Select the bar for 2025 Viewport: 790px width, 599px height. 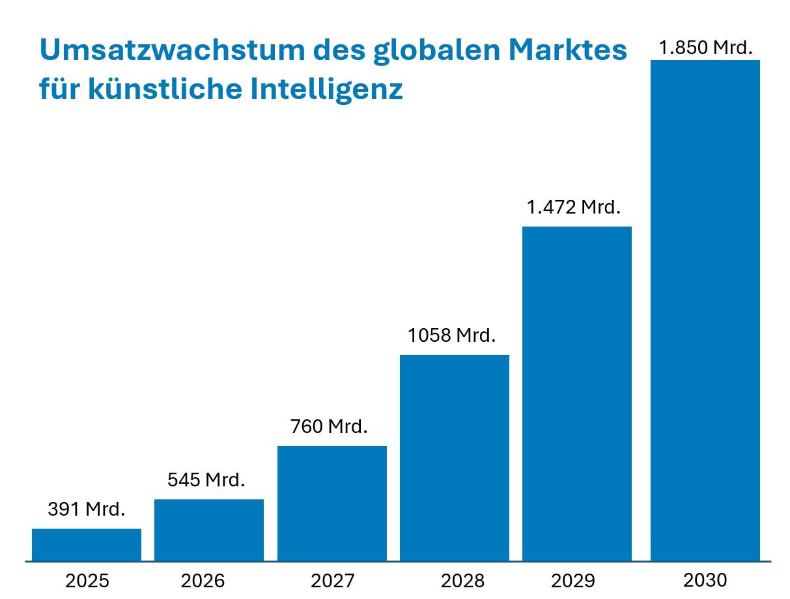(87, 544)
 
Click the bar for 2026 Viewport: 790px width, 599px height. (209, 530)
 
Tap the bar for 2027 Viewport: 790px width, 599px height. (332, 503)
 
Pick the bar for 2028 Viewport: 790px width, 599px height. (455, 458)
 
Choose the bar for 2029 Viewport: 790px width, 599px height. (577, 393)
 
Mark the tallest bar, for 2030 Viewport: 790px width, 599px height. (705, 310)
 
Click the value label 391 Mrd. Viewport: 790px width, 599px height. (87, 509)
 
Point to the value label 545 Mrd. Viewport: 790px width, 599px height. (206, 480)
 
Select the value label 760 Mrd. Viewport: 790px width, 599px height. (330, 426)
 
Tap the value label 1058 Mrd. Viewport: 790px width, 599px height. (452, 335)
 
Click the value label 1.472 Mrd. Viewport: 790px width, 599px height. (574, 207)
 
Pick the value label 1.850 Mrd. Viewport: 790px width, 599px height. (705, 48)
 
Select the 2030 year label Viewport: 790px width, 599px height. (705, 579)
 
